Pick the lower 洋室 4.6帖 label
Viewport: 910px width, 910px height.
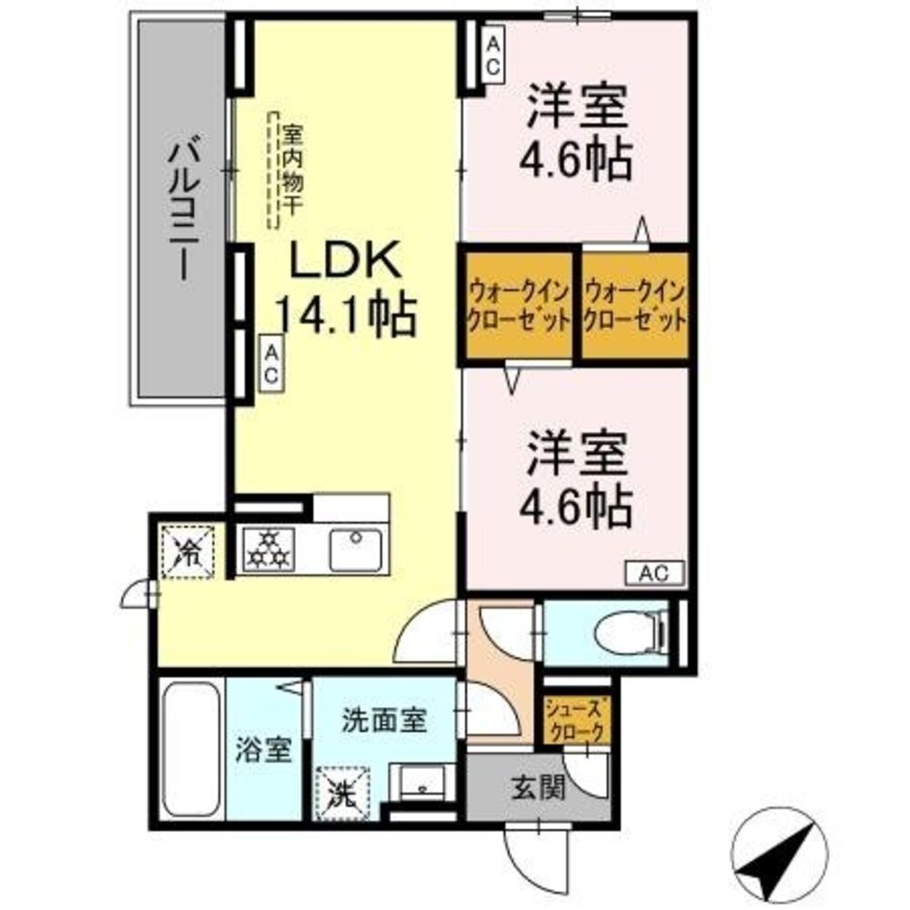tap(574, 483)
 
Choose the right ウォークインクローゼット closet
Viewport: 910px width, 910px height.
tap(634, 306)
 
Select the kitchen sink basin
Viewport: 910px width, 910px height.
tap(356, 550)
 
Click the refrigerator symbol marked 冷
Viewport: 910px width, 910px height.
tap(187, 550)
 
